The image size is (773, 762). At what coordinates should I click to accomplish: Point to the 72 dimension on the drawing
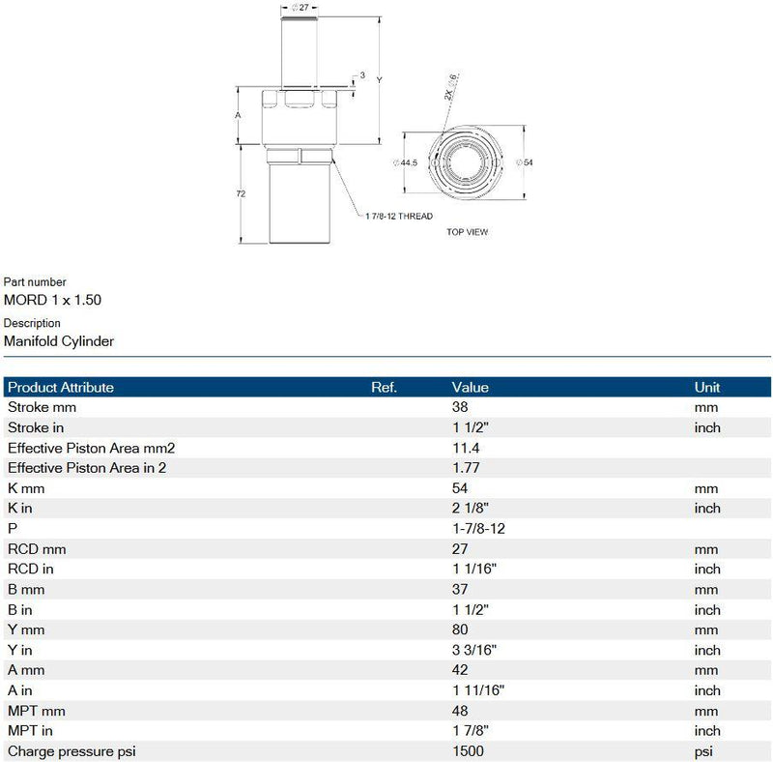pos(241,193)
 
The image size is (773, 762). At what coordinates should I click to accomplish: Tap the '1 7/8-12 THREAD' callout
pos(399,215)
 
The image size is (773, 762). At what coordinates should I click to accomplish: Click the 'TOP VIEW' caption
pos(467,232)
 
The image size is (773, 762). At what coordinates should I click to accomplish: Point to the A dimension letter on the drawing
pos(238,115)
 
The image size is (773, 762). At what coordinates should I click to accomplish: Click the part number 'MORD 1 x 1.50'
pos(52,300)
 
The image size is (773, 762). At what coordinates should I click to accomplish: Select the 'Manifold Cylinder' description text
pos(59,340)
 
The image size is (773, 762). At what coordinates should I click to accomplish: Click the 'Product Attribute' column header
pos(61,387)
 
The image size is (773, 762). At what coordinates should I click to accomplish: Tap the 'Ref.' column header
pos(385,387)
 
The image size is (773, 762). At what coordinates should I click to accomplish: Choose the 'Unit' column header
pos(707,387)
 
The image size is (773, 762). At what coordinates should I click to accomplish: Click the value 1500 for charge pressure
pos(468,751)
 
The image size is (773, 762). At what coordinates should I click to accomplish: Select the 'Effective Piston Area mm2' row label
pos(91,448)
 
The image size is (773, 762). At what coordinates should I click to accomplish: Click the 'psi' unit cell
pos(703,751)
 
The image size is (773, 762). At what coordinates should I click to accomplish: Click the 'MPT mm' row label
pos(37,711)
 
